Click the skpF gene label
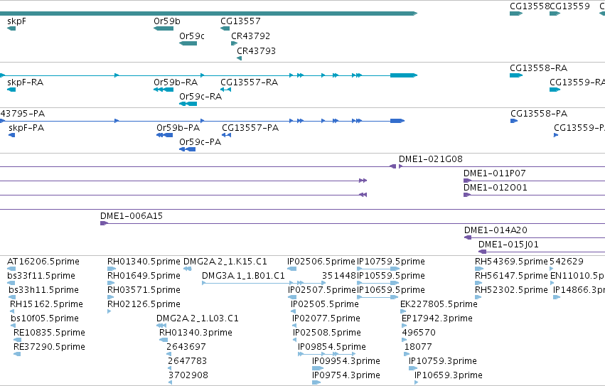tap(16, 21)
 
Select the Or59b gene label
tap(166, 21)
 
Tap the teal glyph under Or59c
tap(188, 43)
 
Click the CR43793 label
tap(256, 51)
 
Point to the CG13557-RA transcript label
tap(250, 82)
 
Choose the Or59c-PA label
tap(200, 142)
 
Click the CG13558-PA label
tap(539, 114)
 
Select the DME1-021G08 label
tap(431, 159)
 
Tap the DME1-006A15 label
tap(132, 216)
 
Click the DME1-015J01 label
tap(508, 245)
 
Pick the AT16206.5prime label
tap(43, 262)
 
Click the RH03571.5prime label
tap(144, 290)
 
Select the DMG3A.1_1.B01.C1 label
tap(243, 276)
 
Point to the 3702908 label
tap(188, 375)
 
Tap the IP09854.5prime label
tap(332, 347)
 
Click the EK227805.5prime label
tap(439, 304)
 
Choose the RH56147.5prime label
tap(512, 276)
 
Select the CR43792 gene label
tap(251, 36)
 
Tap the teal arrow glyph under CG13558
tap(516, 14)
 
